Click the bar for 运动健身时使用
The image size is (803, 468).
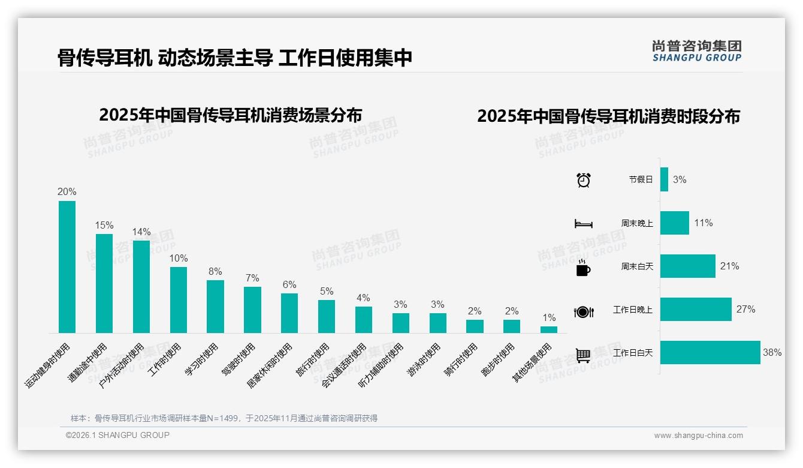pos(67,266)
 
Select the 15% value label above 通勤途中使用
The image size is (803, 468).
pos(104,225)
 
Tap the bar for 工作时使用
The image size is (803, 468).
pos(179,299)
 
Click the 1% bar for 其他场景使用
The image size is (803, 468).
pos(549,329)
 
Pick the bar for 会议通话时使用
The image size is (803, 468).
pos(364,319)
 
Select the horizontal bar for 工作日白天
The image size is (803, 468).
pos(710,353)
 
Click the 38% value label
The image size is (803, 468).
pos(772,353)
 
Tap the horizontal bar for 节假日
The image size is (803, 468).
pos(664,179)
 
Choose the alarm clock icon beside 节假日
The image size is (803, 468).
pos(584,180)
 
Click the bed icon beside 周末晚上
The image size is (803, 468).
pos(584,224)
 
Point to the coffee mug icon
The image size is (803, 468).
pos(583,268)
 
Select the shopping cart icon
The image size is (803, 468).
pos(583,355)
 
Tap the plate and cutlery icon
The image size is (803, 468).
pos(584,311)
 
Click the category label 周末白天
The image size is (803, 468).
pos(637,266)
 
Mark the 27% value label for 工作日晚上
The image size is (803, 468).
pos(745,310)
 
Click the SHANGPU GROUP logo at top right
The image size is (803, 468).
pos(697,51)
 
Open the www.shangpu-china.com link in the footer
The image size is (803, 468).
pos(698,436)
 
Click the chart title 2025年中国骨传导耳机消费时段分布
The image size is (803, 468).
pos(608,116)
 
